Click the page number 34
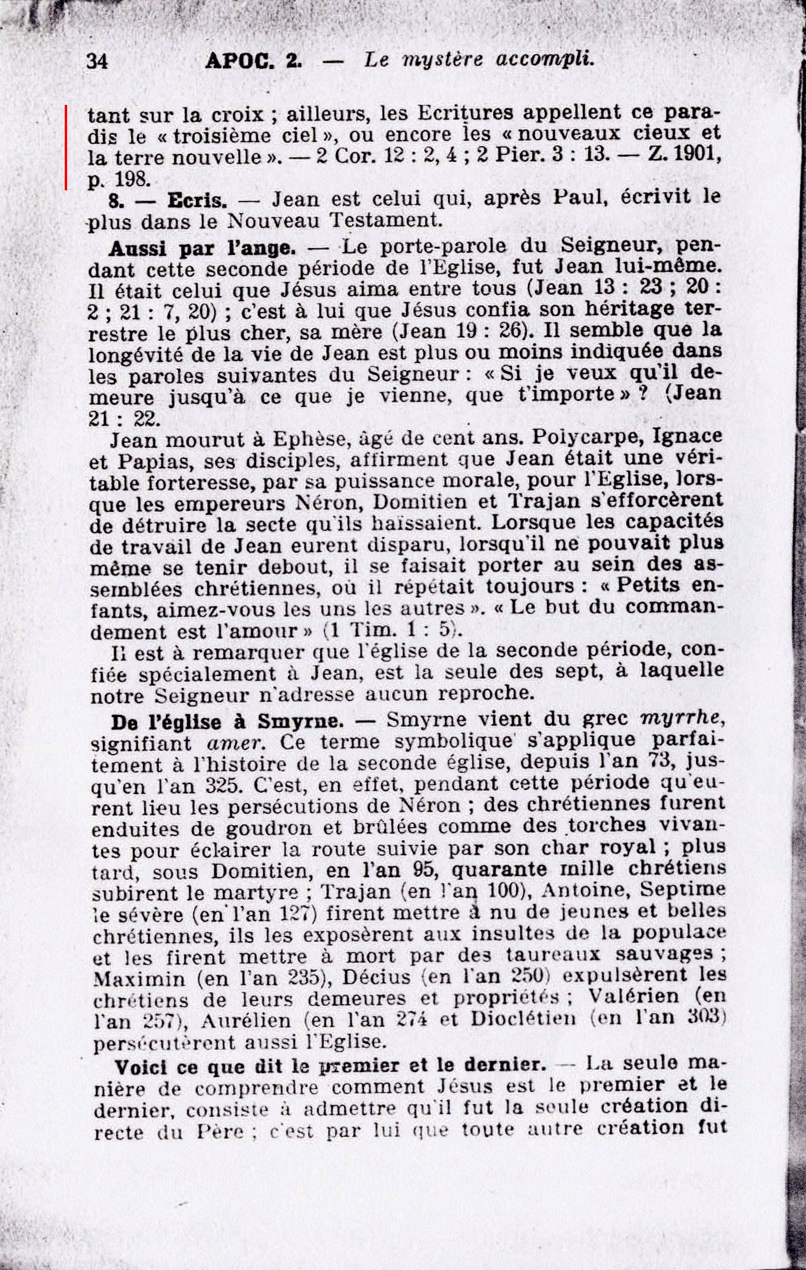[97, 61]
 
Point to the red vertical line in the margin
[66, 147]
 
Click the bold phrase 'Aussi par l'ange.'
[202, 249]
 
